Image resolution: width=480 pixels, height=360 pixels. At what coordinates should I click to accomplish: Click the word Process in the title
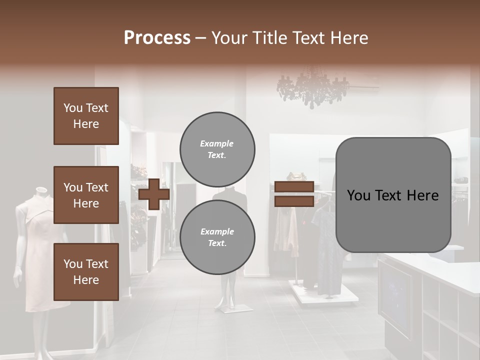coord(157,38)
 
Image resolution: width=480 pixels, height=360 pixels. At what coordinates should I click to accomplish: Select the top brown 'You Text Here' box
coord(86,116)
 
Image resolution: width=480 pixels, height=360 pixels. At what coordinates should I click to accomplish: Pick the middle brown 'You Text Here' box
coord(86,195)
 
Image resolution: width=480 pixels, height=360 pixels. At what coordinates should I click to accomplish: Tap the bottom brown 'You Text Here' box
coord(86,271)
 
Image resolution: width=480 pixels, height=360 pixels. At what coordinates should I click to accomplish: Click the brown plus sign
coord(153,194)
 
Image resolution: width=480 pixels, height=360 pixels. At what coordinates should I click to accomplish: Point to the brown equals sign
coord(294,194)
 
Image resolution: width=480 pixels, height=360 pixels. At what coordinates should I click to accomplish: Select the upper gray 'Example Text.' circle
coord(217,149)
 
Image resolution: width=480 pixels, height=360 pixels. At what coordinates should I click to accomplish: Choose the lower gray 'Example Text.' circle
coord(217,237)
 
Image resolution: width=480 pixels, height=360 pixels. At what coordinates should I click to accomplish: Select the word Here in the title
coord(349,38)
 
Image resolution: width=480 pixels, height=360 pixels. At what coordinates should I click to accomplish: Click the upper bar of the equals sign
coord(294,187)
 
